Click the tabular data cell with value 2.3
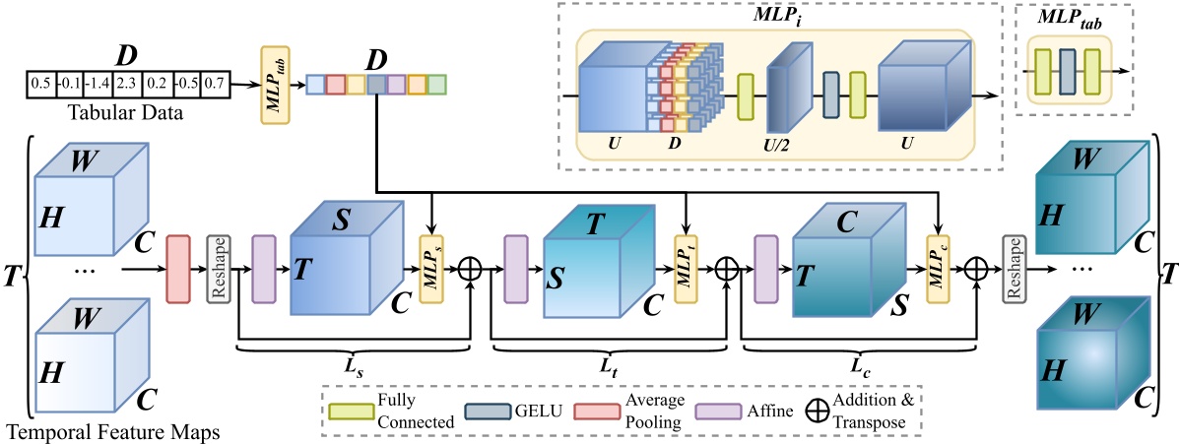point(126,85)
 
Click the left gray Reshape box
point(218,266)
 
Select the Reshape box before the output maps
point(1012,266)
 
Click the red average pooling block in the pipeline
point(178,266)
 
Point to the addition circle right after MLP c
point(976,267)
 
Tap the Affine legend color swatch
point(711,412)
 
